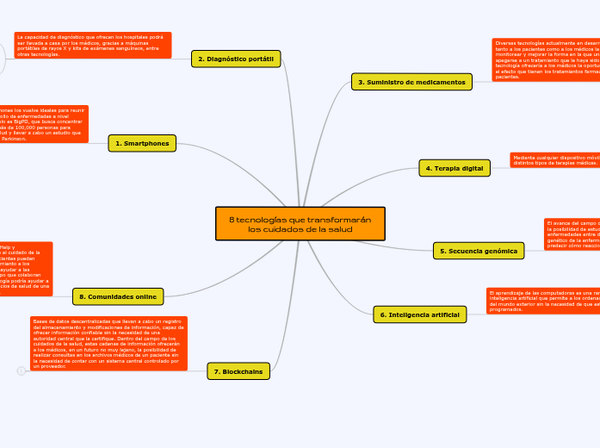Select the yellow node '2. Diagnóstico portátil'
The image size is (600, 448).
[236, 59]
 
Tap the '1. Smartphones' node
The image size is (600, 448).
[142, 143]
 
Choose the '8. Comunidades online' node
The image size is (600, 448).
[119, 296]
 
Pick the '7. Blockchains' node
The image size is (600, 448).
[238, 371]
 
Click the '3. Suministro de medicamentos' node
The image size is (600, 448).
[411, 82]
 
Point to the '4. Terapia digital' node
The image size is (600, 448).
[454, 168]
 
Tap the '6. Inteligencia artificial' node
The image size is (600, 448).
[420, 314]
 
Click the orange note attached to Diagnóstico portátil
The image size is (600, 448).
[92, 45]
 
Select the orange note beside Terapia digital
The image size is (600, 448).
[554, 160]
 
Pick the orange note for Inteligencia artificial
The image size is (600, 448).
[542, 301]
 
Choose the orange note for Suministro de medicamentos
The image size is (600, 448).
[546, 59]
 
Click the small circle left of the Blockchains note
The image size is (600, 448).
[21, 371]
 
